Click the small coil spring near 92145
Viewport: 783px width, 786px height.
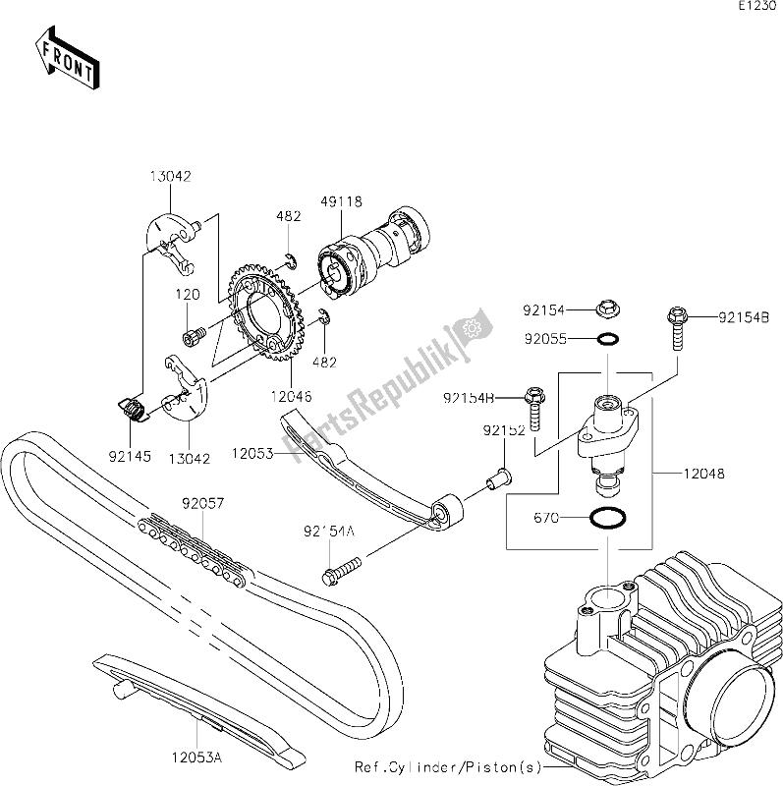click(x=131, y=404)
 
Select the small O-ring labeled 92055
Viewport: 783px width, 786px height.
click(x=607, y=339)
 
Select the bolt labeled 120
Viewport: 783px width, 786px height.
click(x=191, y=337)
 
